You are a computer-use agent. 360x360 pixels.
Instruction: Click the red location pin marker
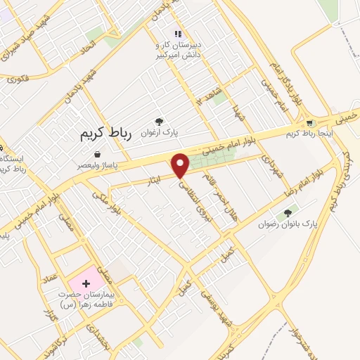[x=181, y=166]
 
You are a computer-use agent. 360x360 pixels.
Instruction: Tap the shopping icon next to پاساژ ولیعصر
[x=96, y=154]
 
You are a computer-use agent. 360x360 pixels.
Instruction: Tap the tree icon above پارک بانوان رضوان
[x=287, y=213]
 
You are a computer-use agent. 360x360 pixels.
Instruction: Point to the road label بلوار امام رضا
[x=311, y=184]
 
